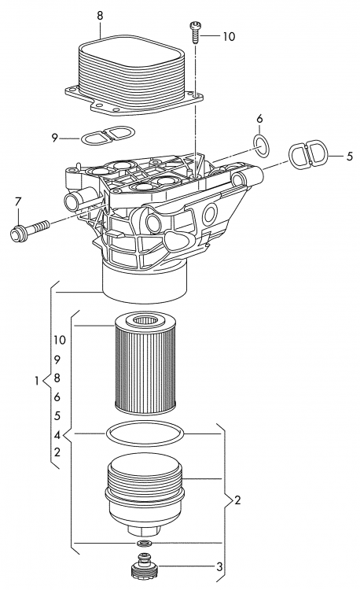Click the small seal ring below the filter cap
[x=143, y=544]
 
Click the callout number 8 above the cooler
[x=100, y=15]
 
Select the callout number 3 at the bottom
[x=220, y=566]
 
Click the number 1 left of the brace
[x=37, y=382]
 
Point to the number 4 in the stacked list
[x=58, y=434]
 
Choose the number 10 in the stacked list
[x=60, y=340]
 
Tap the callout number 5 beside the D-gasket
[x=350, y=157]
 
